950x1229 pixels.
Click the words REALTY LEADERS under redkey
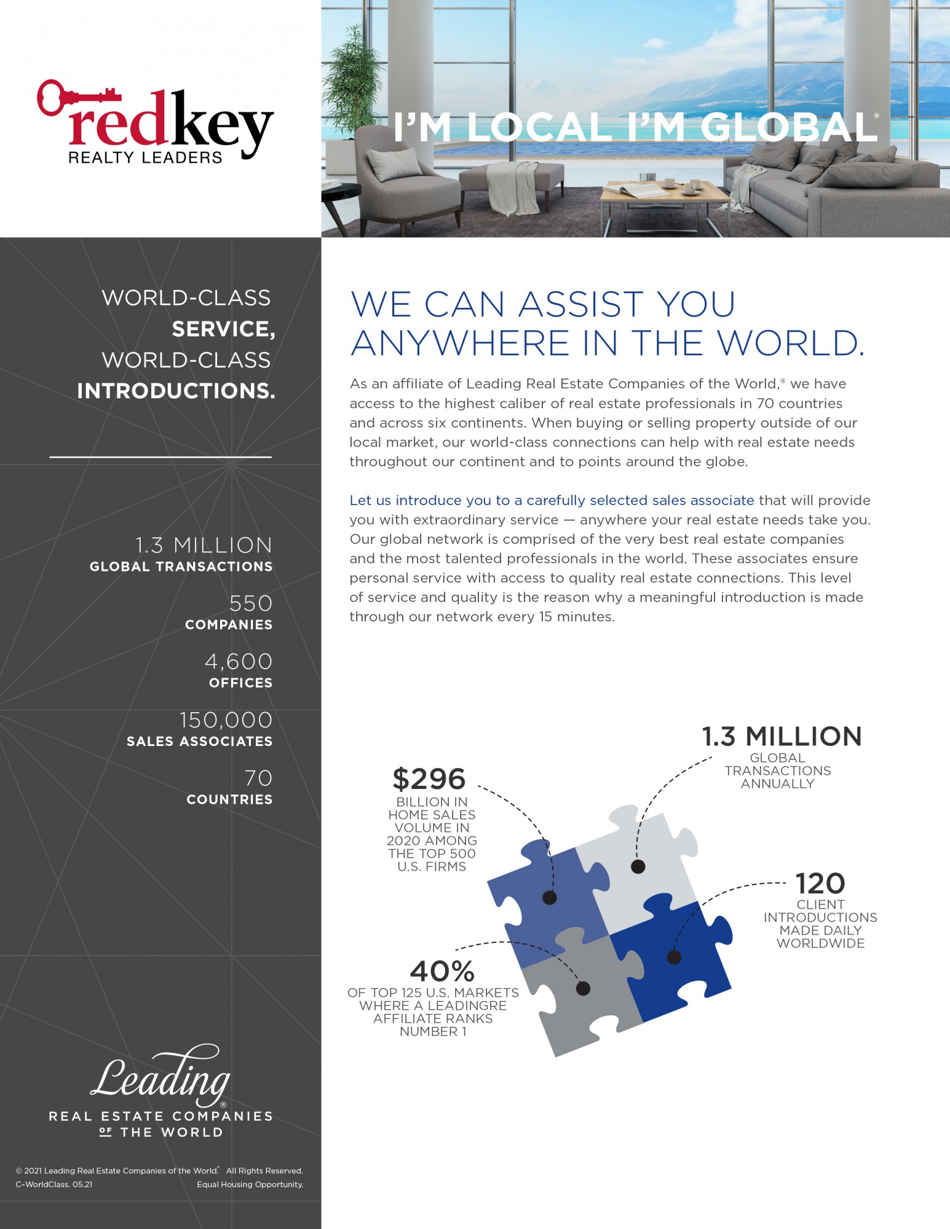pyautogui.click(x=145, y=158)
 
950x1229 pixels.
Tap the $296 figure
pyautogui.click(x=429, y=779)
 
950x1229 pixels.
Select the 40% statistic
pyautogui.click(x=442, y=972)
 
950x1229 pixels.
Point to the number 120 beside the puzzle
pyautogui.click(x=820, y=884)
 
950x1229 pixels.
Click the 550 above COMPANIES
pyautogui.click(x=250, y=603)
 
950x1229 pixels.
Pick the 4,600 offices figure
pyautogui.click(x=239, y=662)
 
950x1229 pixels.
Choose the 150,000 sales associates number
pyautogui.click(x=226, y=720)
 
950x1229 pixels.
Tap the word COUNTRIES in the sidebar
pyautogui.click(x=229, y=799)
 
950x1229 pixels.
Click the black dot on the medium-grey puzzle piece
pyautogui.click(x=583, y=988)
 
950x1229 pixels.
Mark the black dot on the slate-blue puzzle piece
pyautogui.click(x=550, y=898)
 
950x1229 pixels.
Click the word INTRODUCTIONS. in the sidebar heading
pyautogui.click(x=176, y=391)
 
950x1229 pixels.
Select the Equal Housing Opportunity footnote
pyautogui.click(x=250, y=1184)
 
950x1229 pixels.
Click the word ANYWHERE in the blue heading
pyautogui.click(x=460, y=343)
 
